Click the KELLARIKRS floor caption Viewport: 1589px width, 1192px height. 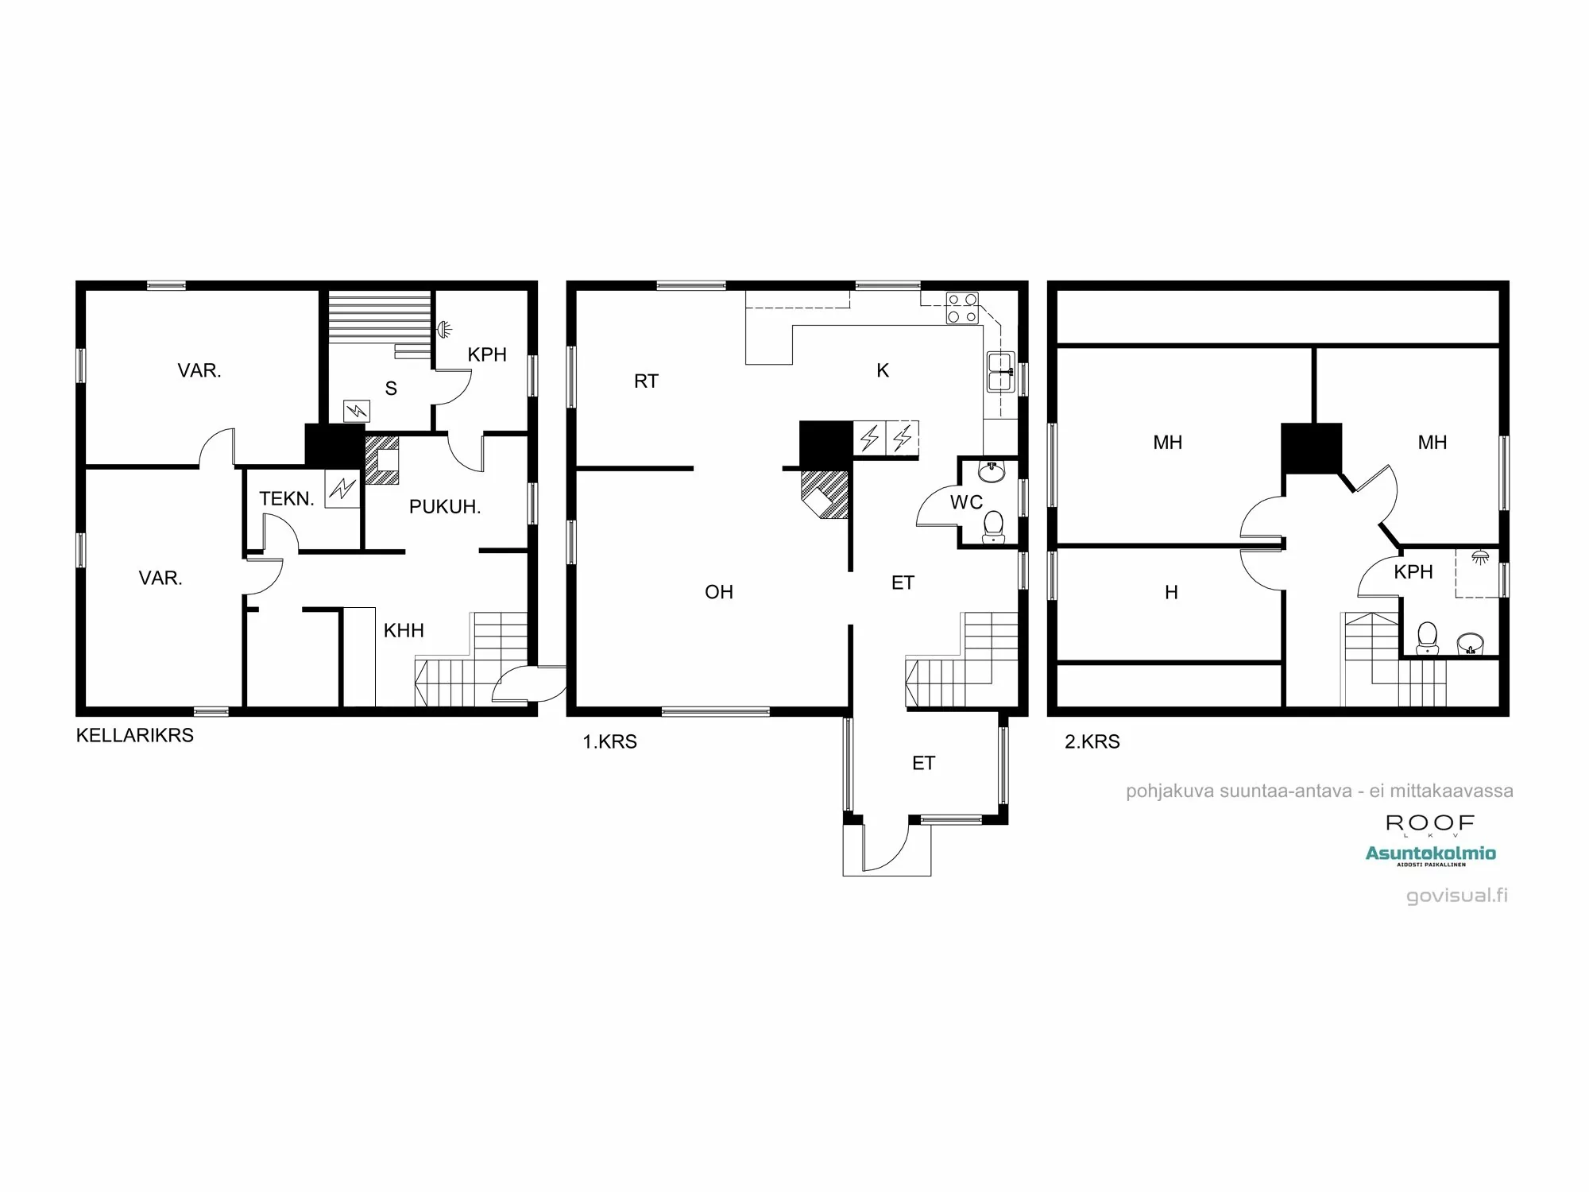coord(134,735)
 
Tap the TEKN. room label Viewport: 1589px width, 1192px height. coord(286,499)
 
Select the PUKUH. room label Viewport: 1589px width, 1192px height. coord(444,507)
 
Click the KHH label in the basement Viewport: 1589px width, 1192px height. coord(404,631)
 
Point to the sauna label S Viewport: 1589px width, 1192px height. coord(391,389)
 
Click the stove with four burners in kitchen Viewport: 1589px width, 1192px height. coord(961,309)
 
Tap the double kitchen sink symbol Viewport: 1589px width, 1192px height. coord(1000,372)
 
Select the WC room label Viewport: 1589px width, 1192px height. coord(966,502)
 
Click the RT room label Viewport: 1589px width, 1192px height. coord(646,381)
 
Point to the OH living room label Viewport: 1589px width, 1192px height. coord(719,592)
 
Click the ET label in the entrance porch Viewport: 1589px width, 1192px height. coord(923,764)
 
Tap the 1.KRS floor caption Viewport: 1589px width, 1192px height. coord(609,741)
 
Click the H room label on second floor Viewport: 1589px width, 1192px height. coord(1171,593)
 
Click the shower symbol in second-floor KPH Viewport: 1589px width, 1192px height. coord(1479,557)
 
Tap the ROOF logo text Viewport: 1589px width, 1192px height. coord(1430,823)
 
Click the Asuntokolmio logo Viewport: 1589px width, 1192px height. coord(1430,854)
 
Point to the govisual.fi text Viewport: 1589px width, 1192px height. coord(1456,896)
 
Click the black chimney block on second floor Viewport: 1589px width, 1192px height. coord(1311,448)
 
